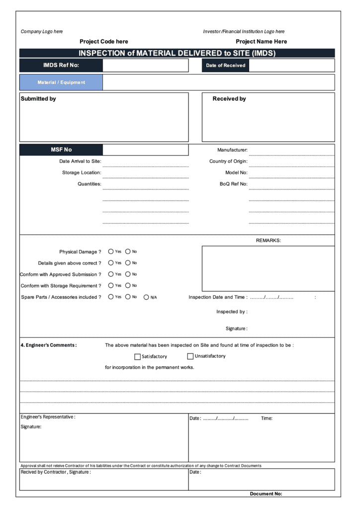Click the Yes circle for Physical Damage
(111, 252)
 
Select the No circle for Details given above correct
(128, 263)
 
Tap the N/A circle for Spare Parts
(146, 297)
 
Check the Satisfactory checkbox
(138, 356)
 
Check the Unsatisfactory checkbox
(190, 356)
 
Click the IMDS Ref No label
(61, 65)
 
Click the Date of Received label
(226, 65)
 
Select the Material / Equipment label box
(61, 83)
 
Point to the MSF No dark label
(61, 150)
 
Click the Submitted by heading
(38, 99)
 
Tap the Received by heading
(229, 99)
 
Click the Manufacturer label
(232, 150)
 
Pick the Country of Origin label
(228, 162)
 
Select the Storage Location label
(82, 172)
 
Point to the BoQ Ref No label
(234, 184)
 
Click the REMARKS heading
(269, 241)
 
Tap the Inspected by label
(232, 312)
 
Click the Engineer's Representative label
(48, 417)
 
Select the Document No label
(266, 494)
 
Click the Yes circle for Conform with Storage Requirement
(111, 286)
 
